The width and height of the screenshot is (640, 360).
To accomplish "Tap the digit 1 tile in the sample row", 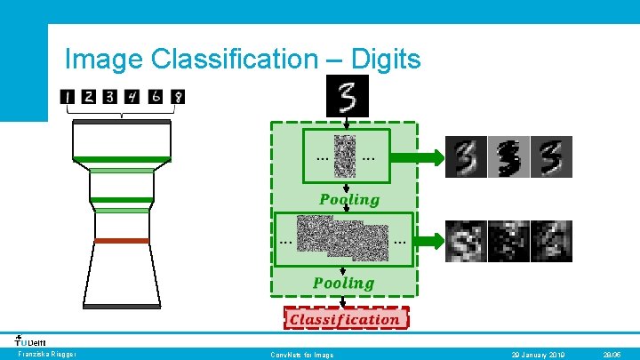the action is point(68,96).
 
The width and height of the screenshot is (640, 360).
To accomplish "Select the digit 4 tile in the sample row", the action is point(132,96).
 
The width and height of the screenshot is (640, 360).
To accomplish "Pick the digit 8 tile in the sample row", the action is point(178,96).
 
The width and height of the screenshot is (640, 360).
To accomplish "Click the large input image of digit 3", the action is point(347,96).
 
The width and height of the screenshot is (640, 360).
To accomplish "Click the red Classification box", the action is point(345,318).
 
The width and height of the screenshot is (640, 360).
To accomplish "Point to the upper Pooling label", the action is point(349,199).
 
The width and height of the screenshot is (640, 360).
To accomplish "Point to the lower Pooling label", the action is point(343,283).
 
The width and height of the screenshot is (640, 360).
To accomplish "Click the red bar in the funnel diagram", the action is point(122,241).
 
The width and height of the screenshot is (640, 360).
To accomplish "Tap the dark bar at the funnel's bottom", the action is point(122,306).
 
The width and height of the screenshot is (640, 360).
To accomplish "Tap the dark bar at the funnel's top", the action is point(122,121).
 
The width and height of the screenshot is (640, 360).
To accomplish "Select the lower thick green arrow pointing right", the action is point(428,240).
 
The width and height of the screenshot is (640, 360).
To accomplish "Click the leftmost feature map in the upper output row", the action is point(465,157).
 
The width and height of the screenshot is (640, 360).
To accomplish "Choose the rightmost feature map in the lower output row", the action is point(551,241).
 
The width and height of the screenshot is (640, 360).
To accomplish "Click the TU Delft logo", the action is point(31,340).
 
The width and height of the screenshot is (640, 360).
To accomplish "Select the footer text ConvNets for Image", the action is point(302,355).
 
